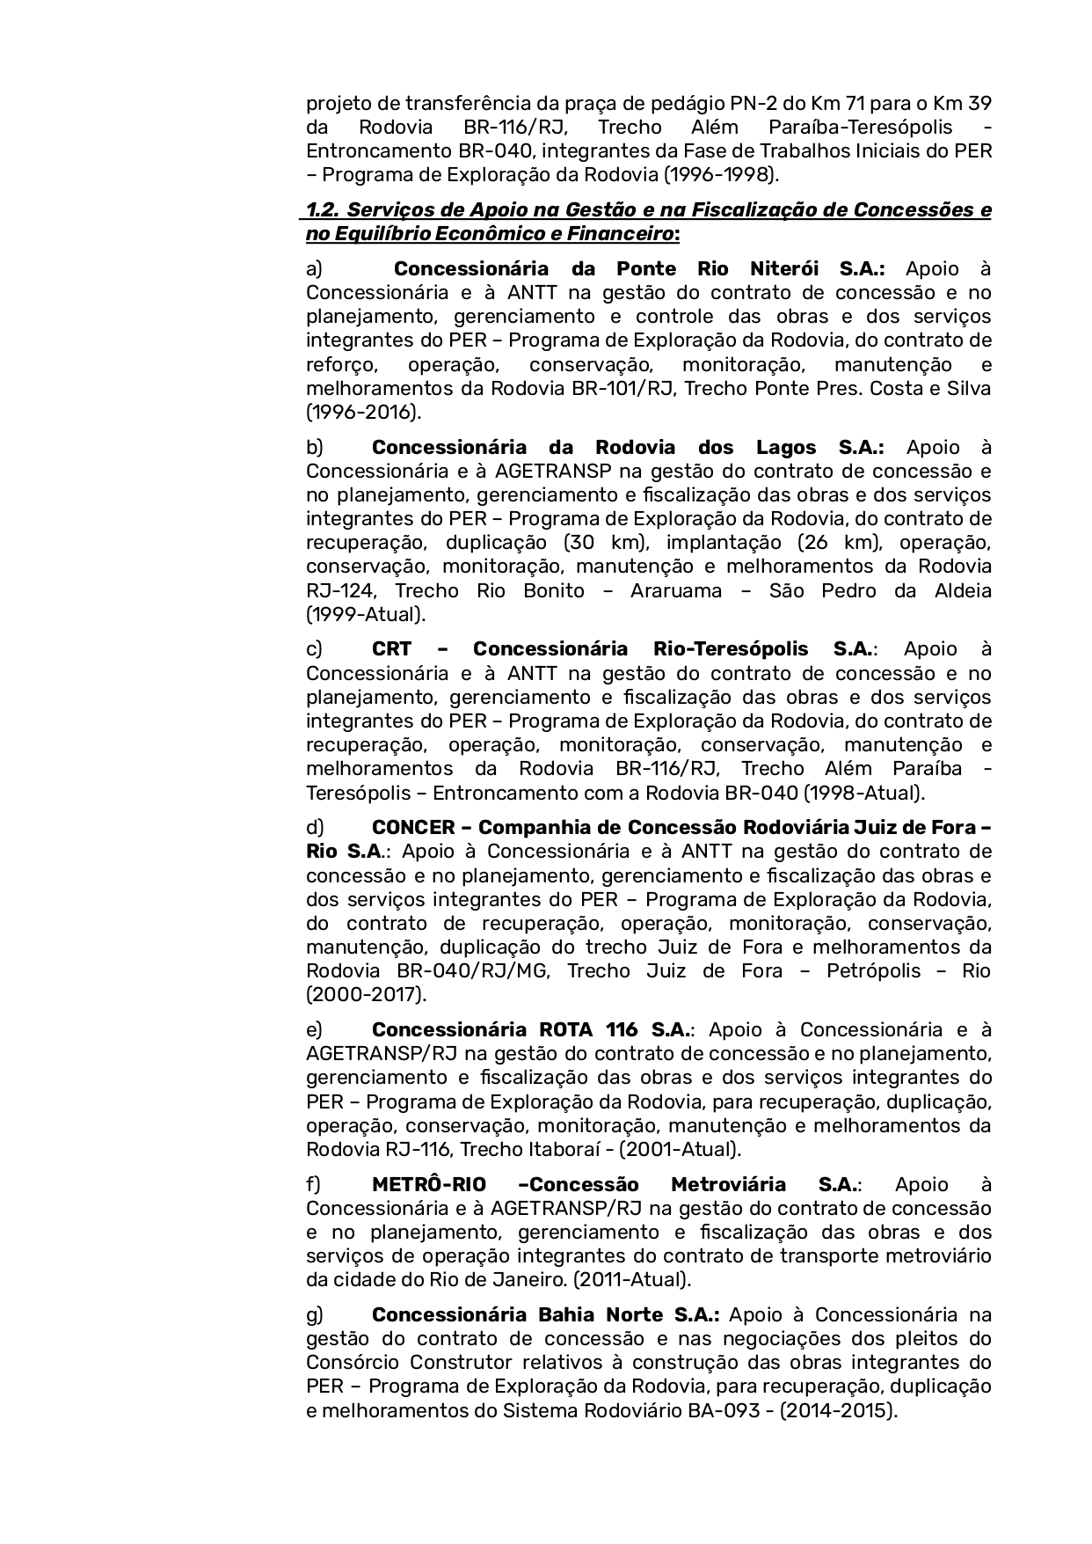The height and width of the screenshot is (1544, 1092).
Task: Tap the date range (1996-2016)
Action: coord(363,411)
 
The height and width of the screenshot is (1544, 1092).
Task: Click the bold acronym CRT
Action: coord(391,649)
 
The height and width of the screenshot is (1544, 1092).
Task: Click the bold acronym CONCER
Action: coord(413,828)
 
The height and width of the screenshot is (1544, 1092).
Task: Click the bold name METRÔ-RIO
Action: coord(429,1184)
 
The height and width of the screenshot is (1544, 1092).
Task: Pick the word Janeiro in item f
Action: coord(608,1279)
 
